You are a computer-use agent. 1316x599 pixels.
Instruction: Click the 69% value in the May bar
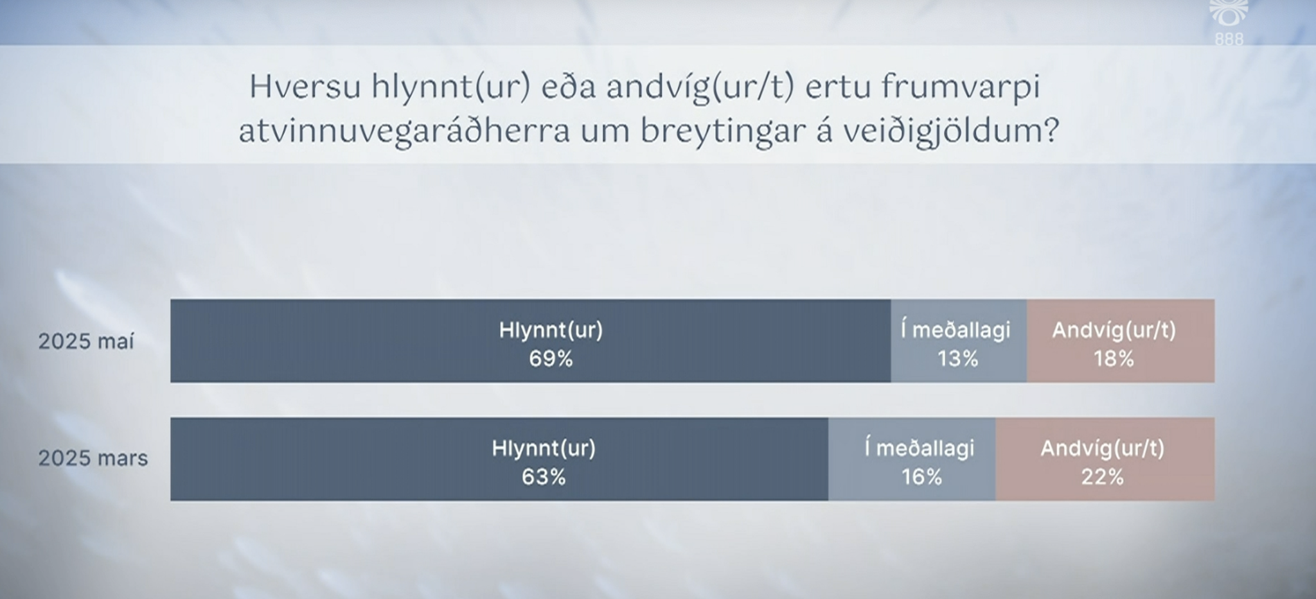point(551,359)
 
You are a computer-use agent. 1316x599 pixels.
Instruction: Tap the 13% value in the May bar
point(957,359)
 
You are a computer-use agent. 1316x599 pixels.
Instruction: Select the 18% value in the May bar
point(1114,359)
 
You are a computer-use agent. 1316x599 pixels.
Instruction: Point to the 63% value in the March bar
point(544,477)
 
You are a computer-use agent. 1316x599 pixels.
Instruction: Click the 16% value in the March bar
point(921,477)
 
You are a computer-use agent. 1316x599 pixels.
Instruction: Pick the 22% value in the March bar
point(1102,477)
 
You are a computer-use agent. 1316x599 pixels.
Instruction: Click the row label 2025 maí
point(86,341)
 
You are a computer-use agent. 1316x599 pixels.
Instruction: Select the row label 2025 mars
point(93,458)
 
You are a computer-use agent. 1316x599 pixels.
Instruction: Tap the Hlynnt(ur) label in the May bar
point(551,331)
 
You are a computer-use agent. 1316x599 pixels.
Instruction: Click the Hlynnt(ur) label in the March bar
point(544,448)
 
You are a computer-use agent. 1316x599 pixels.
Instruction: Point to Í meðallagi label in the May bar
point(956,331)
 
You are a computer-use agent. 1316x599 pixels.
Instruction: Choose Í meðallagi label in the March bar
point(920,448)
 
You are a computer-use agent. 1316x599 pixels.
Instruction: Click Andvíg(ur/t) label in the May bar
point(1114,331)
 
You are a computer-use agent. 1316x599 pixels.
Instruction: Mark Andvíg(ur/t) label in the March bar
point(1102,448)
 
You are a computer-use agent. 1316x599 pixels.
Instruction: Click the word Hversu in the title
point(305,87)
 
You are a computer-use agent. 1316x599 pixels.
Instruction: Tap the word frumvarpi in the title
point(960,87)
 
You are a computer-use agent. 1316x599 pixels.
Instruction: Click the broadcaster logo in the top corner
point(1229,22)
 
